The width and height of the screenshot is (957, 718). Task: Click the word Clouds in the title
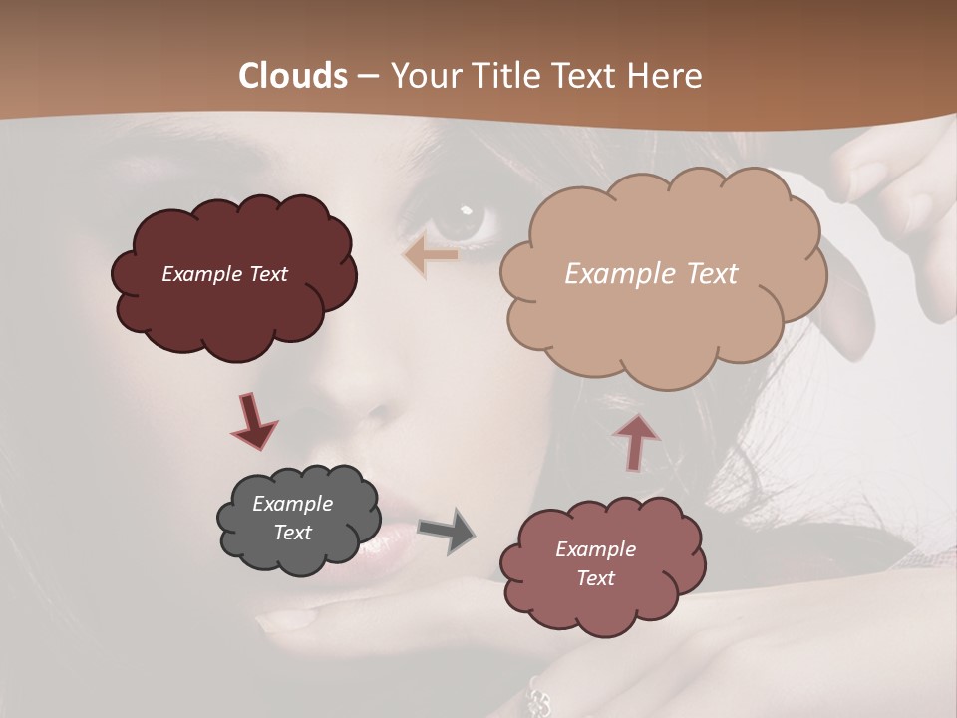(x=293, y=76)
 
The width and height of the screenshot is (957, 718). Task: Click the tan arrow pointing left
(x=431, y=255)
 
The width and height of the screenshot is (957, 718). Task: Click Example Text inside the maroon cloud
(x=224, y=274)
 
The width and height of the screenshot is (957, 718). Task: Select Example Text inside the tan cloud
(x=651, y=274)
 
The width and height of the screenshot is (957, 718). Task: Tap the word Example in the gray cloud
(x=293, y=504)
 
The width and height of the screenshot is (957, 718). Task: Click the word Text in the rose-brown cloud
(x=595, y=578)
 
